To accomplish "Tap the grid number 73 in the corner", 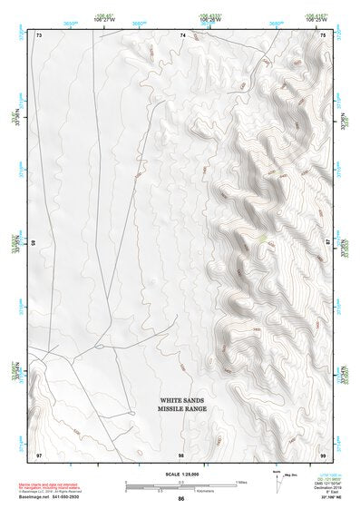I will tap(40, 35).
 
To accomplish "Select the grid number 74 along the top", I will tap(182, 35).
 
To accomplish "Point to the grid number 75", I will tap(324, 35).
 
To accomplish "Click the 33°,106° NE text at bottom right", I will tap(330, 497).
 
